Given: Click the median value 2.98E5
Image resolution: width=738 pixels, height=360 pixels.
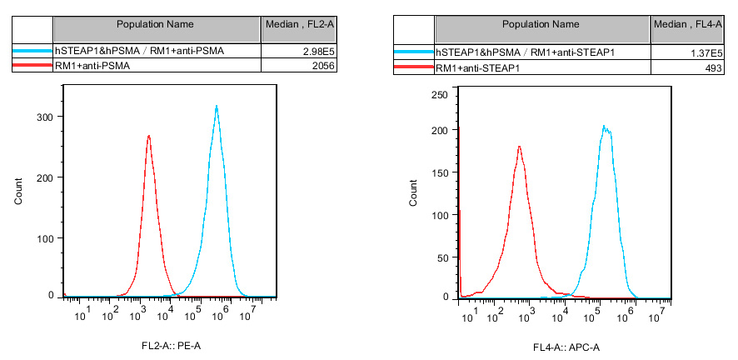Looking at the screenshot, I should tap(319, 52).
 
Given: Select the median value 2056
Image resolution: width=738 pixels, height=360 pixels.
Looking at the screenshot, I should tap(322, 65).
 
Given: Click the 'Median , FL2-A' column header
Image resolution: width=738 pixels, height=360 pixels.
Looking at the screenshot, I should tap(299, 26).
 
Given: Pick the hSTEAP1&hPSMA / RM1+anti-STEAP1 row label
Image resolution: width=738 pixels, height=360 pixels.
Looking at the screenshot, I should tap(525, 52).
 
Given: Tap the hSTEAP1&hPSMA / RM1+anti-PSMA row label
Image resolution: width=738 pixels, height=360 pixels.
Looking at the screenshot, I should tap(138, 52).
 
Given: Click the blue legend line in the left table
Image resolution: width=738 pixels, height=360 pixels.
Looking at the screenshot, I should tap(32, 52).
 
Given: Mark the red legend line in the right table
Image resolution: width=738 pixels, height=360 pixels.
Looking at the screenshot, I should tap(414, 67).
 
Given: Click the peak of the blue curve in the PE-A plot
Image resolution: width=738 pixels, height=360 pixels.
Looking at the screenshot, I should tap(217, 107).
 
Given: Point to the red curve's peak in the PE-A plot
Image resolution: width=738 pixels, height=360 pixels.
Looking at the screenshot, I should tap(148, 137).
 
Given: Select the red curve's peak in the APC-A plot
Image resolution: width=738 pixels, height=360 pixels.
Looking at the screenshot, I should tap(519, 147).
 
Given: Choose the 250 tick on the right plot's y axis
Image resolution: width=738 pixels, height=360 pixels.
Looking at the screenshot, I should tap(440, 95).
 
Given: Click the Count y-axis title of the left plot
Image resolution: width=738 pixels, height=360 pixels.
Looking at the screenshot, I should tap(18, 192).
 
